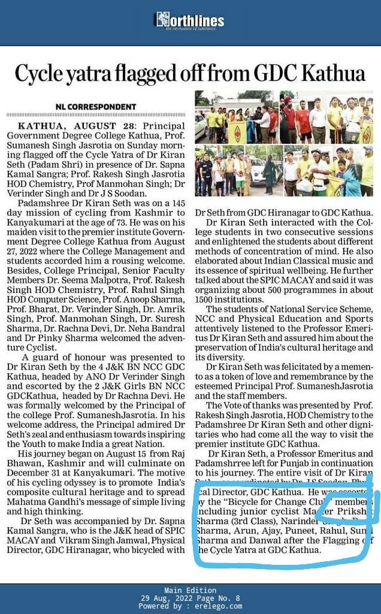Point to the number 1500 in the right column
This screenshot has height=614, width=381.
click(207, 299)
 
